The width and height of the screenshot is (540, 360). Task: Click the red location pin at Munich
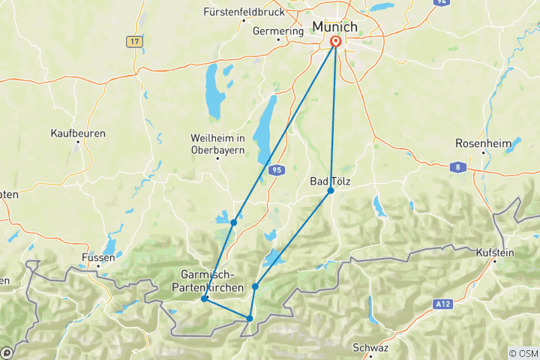(334, 42)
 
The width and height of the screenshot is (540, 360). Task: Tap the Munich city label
(334, 27)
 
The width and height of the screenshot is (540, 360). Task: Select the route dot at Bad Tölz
(331, 190)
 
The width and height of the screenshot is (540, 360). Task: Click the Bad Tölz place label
(330, 181)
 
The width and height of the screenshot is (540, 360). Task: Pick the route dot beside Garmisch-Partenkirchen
(204, 298)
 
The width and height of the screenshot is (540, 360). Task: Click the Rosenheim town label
(482, 143)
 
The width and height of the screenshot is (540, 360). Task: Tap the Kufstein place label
(494, 253)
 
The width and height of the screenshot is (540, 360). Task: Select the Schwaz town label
(370, 348)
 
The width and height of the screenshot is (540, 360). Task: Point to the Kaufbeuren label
(78, 133)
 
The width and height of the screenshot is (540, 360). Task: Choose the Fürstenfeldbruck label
(244, 12)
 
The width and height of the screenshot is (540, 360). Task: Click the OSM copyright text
(523, 353)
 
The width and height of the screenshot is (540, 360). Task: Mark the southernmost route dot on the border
(250, 319)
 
